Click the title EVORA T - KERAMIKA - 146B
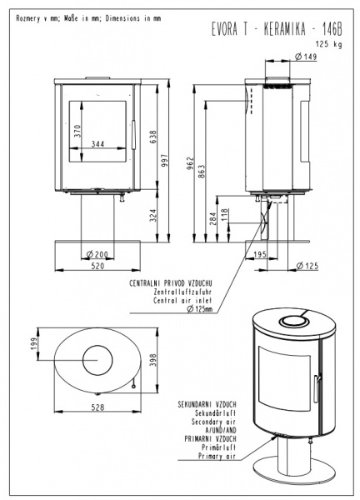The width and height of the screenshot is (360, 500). pyautogui.click(x=277, y=29)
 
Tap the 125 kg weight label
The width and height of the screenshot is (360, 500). pyautogui.click(x=329, y=44)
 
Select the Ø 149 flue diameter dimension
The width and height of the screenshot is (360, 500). pyautogui.click(x=306, y=57)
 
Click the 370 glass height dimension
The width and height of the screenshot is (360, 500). pyautogui.click(x=77, y=131)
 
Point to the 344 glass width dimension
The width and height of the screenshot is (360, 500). pyautogui.click(x=97, y=144)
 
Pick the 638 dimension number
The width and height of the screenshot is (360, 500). pyautogui.click(x=153, y=137)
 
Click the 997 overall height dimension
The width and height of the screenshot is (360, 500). pyautogui.click(x=164, y=161)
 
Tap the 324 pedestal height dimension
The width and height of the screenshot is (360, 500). pyautogui.click(x=153, y=216)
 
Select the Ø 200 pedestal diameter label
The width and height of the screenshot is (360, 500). pyautogui.click(x=97, y=254)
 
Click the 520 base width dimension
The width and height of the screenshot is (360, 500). pyautogui.click(x=97, y=266)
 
